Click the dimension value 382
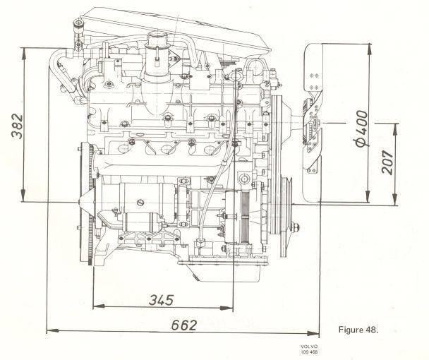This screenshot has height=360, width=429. (x=17, y=126)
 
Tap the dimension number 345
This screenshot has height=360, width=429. (x=161, y=300)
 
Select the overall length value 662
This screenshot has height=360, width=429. (x=184, y=325)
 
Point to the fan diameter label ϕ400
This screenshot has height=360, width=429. (x=362, y=128)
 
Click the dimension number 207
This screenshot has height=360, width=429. (x=387, y=162)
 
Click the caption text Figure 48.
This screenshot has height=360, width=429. (x=358, y=330)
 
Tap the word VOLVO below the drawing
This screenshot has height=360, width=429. (x=309, y=347)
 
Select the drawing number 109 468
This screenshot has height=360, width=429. (x=309, y=352)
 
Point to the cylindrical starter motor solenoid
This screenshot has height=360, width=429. (x=143, y=221)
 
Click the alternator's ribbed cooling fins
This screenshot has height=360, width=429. (x=245, y=216)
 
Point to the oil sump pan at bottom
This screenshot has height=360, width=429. (x=223, y=272)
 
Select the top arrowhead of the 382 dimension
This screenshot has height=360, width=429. (x=24, y=54)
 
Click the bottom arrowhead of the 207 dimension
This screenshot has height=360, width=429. (x=394, y=199)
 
